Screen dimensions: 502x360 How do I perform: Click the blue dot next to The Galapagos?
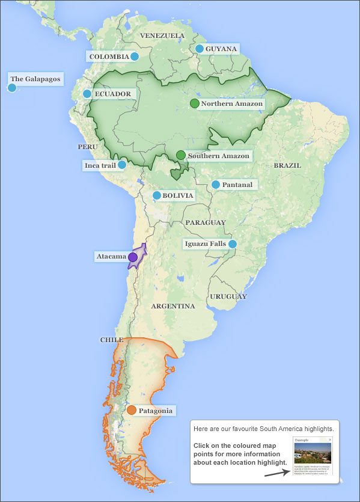tap(11, 88)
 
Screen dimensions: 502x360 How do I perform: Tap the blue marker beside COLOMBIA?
tap(135, 57)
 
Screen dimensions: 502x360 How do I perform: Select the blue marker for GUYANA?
tap(199, 49)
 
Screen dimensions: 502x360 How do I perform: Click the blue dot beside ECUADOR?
tap(87, 94)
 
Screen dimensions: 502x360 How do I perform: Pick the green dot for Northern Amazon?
tap(194, 103)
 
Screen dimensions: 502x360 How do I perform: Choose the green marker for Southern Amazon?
tap(180, 155)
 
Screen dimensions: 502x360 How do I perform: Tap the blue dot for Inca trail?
tap(122, 165)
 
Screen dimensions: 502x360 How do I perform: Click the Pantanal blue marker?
tap(215, 185)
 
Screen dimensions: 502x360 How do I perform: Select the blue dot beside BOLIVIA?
tap(156, 195)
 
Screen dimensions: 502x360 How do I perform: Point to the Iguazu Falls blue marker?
tap(233, 243)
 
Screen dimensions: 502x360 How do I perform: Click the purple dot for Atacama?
tap(132, 257)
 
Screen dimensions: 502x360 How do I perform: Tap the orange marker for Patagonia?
tap(131, 411)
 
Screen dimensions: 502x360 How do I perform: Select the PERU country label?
tap(87, 147)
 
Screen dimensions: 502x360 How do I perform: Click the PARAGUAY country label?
tap(206, 222)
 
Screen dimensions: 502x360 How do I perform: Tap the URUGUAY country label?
tap(228, 296)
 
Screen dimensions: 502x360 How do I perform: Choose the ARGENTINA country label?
tap(173, 306)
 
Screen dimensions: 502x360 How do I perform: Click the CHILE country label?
tap(111, 340)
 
